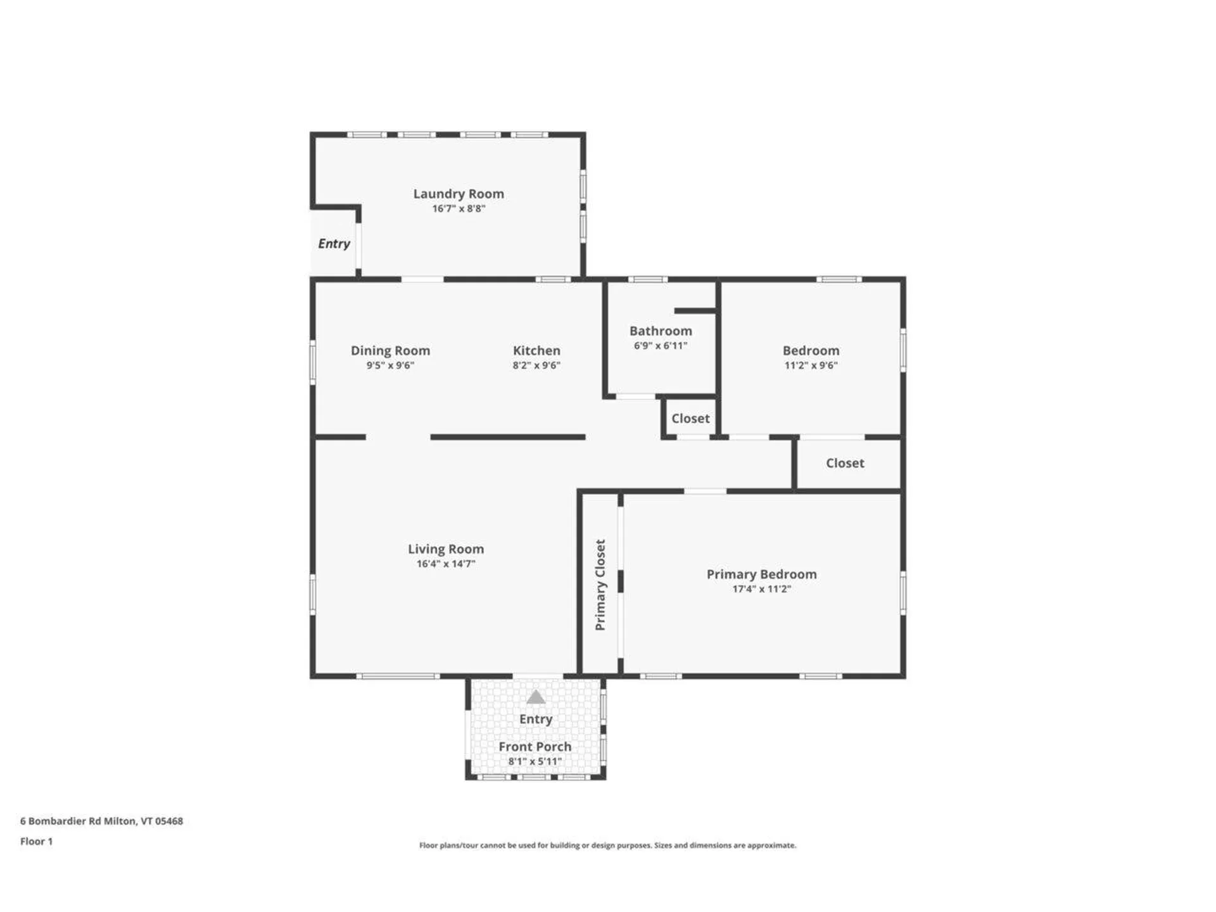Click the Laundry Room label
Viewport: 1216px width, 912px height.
459,194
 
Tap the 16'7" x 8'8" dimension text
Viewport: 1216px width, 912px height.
459,209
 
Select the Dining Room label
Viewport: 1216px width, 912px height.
390,350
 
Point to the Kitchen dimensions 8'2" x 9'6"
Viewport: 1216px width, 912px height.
536,365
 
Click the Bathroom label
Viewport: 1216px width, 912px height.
661,331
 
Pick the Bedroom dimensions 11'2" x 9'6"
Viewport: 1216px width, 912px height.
811,365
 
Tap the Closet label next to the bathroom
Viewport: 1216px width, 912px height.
690,419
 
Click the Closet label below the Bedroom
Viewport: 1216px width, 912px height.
845,463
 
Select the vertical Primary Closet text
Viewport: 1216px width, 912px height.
600,585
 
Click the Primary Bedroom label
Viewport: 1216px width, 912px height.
761,574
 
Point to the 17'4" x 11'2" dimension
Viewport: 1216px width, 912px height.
761,589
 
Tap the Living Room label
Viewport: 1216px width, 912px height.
446,549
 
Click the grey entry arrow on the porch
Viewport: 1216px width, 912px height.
536,697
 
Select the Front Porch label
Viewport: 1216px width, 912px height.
535,747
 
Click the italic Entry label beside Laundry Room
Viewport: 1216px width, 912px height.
334,244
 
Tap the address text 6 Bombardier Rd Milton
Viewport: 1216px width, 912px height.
101,821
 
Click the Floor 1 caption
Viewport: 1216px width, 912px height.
36,842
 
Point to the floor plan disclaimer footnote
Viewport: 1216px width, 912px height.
607,845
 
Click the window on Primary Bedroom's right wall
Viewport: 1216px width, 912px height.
902,593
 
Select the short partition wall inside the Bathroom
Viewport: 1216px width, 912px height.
695,311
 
